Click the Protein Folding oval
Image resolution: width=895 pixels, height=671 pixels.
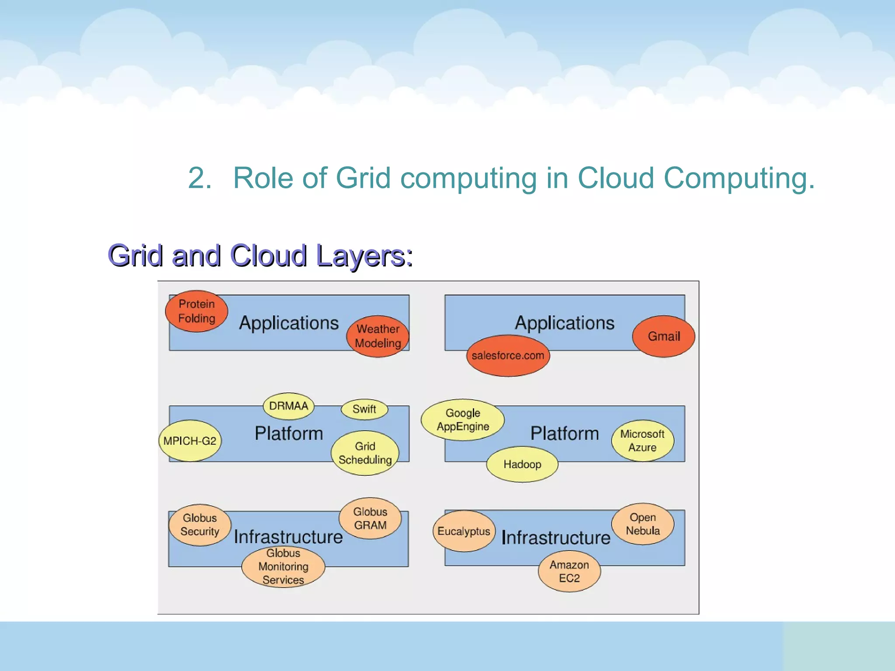[197, 311]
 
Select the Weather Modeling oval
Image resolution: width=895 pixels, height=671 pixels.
[378, 336]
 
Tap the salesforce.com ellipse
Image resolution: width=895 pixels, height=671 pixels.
[508, 356]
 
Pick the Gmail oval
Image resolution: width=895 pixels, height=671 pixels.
[663, 336]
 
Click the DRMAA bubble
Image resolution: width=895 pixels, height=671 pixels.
[288, 406]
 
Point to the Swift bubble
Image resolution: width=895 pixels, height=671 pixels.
[364, 409]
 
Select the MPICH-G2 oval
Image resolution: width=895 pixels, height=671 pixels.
[190, 441]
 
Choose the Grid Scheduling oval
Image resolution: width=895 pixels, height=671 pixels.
[365, 453]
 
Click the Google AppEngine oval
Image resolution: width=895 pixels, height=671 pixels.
[463, 420]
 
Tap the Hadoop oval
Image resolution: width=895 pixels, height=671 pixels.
[522, 464]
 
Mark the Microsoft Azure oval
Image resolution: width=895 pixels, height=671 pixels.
[642, 440]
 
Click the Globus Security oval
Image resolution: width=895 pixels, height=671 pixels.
[200, 525]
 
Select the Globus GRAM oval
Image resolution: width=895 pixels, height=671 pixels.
[370, 518]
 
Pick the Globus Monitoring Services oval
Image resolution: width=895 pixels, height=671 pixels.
[283, 567]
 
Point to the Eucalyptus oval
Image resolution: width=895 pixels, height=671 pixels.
[464, 531]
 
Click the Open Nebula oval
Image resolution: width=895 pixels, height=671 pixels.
[642, 524]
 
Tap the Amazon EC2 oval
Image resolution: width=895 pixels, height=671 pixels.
[569, 571]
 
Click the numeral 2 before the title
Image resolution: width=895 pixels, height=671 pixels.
[196, 178]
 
